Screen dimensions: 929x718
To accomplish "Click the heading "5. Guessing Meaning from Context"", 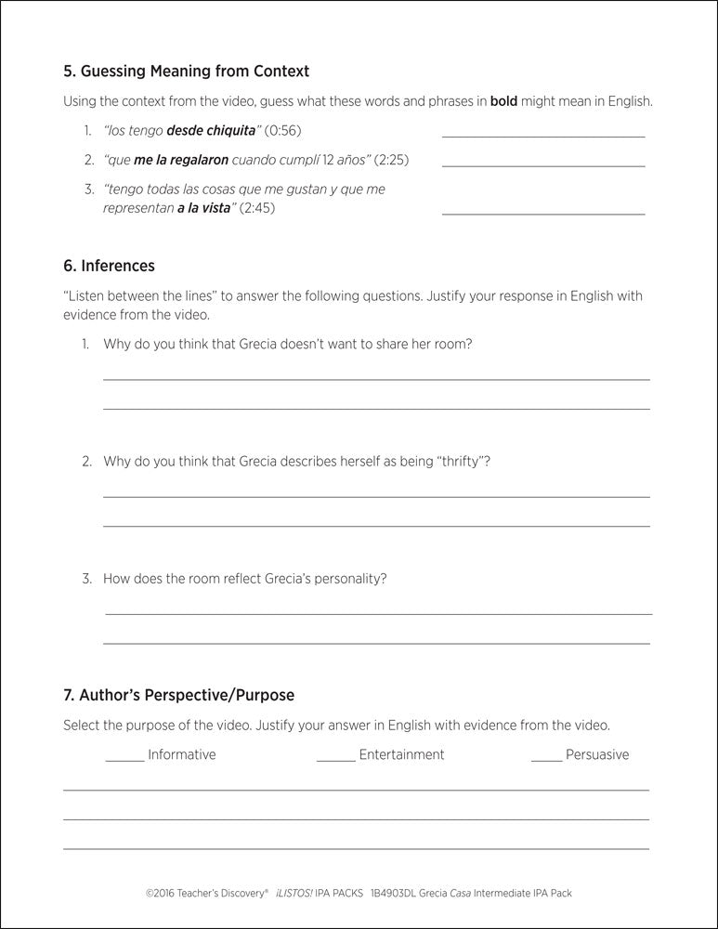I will (186, 71).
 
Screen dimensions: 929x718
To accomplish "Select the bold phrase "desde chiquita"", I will (210, 130).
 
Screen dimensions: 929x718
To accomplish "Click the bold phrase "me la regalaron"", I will (181, 160).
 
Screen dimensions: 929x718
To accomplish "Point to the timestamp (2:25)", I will (391, 160).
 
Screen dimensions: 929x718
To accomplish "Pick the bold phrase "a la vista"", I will (202, 208).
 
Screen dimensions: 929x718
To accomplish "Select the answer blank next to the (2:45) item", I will (542, 213).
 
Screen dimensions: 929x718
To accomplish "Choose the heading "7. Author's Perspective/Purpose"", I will (178, 694).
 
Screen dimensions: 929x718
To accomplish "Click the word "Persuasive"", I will (597, 754).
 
